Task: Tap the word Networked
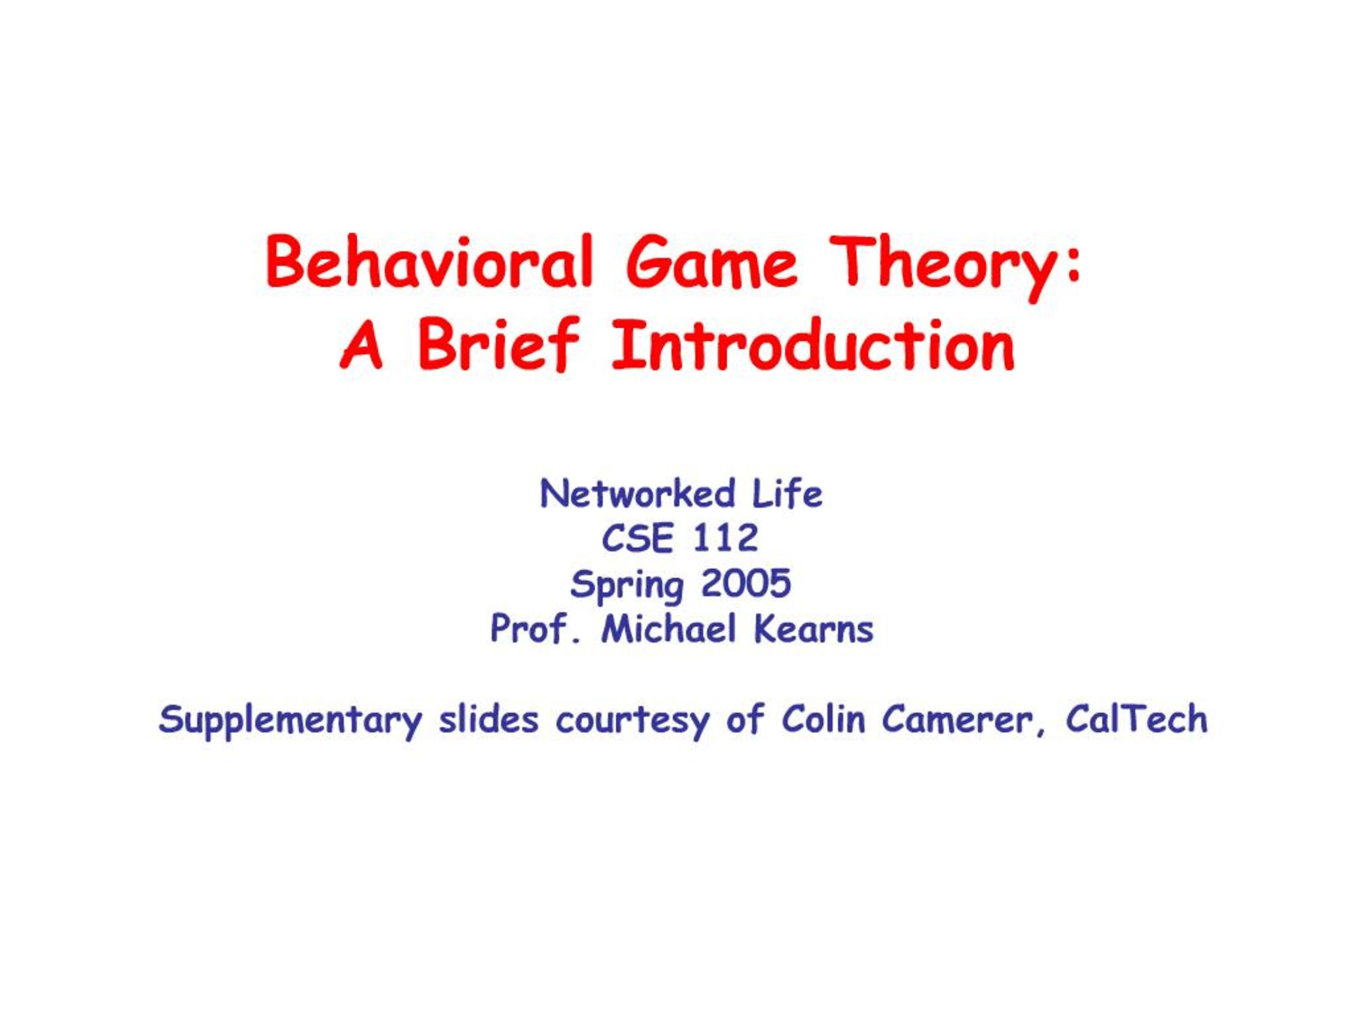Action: pos(637,494)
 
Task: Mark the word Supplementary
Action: pos(291,721)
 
